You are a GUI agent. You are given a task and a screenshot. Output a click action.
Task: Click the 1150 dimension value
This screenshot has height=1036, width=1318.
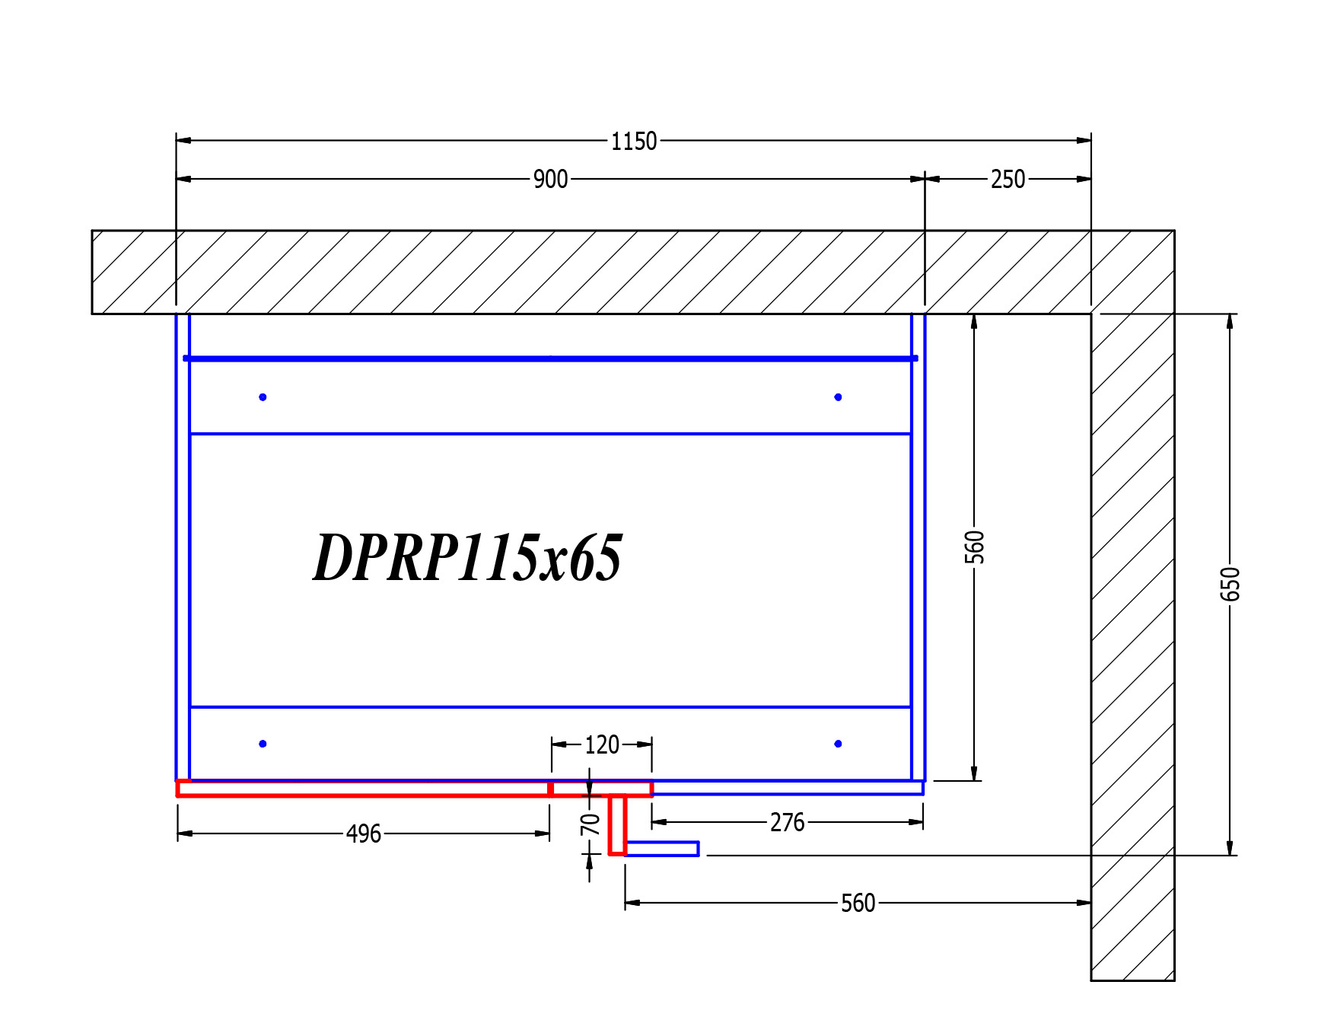click(634, 142)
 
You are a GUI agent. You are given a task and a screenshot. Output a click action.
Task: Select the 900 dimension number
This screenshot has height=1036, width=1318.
click(550, 180)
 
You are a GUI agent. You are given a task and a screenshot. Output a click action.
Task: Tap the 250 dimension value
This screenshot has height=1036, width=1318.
click(1008, 180)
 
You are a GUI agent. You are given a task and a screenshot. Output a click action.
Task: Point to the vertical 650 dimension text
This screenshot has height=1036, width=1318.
click(1230, 584)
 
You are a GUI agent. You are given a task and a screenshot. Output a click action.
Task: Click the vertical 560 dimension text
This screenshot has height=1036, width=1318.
click(974, 547)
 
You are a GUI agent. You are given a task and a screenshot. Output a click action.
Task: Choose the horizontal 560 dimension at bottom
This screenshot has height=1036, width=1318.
click(858, 904)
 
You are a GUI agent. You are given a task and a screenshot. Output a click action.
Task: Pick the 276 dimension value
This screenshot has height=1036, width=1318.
click(787, 823)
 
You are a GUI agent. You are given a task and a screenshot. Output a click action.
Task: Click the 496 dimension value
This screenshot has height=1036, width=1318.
click(364, 834)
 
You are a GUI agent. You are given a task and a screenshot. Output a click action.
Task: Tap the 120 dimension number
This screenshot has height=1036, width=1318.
click(601, 745)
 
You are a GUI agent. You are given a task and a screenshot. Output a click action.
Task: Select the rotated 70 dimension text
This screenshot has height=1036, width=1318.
click(590, 824)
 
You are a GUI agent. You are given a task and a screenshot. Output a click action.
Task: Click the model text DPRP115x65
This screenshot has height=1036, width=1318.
click(467, 557)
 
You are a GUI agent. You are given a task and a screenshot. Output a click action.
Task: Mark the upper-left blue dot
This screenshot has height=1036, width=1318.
click(263, 397)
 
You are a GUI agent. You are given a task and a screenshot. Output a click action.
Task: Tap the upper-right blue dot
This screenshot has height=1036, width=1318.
click(838, 397)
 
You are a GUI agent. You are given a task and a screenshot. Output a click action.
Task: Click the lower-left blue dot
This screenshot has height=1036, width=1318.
click(263, 744)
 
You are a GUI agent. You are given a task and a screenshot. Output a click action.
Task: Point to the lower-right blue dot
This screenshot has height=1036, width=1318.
click(838, 744)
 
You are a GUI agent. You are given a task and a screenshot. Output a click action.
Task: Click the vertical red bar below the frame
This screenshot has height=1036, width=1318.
click(617, 825)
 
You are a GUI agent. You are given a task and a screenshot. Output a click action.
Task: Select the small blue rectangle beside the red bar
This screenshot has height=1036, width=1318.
click(662, 849)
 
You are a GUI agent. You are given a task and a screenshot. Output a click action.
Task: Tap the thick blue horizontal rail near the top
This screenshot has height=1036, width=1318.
click(549, 358)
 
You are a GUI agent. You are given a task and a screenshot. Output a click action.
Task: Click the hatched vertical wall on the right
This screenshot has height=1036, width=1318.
click(1132, 647)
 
